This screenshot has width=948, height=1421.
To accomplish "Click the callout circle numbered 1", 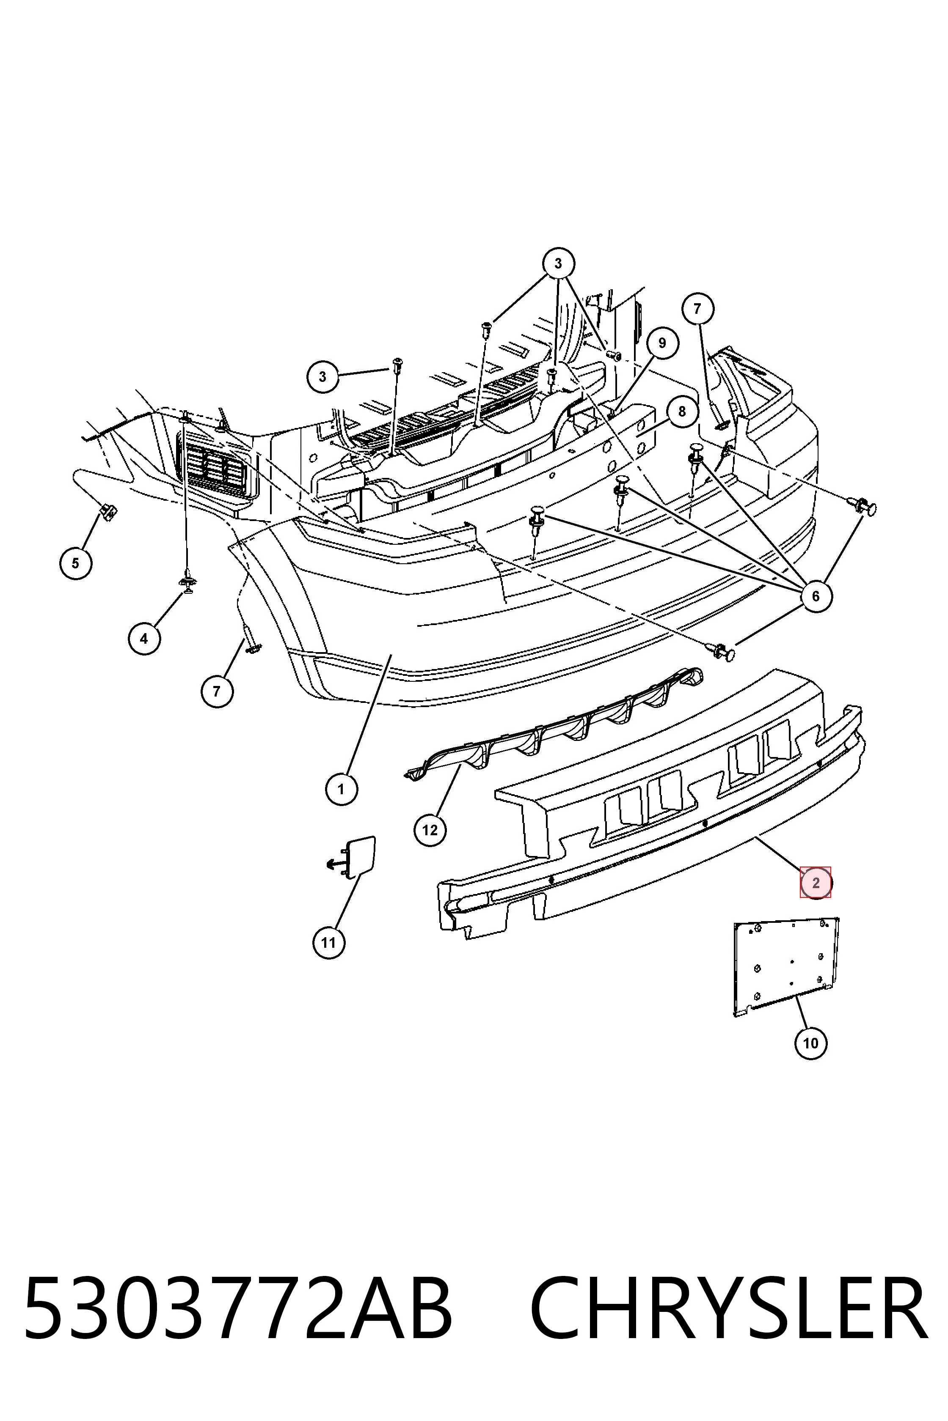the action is click(341, 789).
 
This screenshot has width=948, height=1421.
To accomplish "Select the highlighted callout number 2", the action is click(816, 883).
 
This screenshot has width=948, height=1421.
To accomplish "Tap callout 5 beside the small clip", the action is click(76, 563).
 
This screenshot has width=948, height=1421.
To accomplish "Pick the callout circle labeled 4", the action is click(144, 638).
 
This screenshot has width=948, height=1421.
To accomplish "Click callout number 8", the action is click(682, 411).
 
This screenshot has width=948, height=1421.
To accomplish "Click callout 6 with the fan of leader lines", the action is click(816, 596).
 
